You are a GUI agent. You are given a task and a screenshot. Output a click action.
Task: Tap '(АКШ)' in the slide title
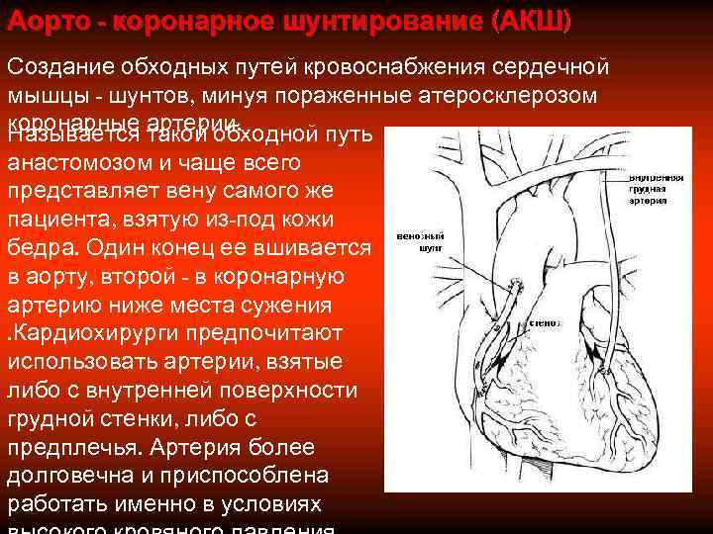pos(525,22)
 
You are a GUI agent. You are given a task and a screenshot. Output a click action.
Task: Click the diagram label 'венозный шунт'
pos(418,243)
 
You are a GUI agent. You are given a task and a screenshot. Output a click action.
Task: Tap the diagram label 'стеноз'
pos(545,322)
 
